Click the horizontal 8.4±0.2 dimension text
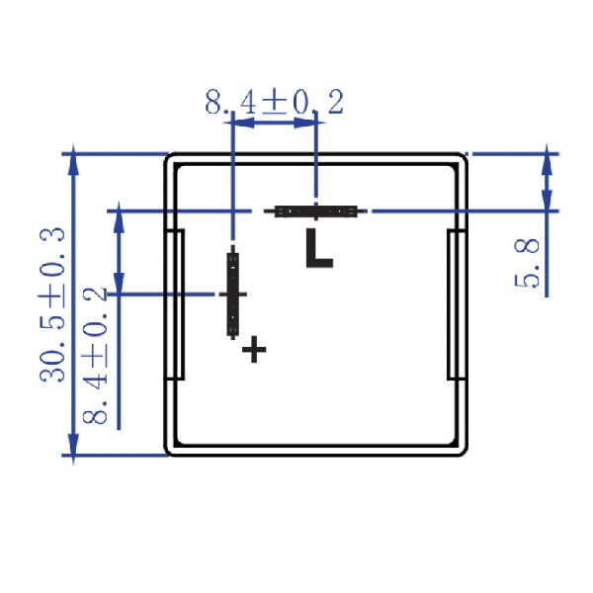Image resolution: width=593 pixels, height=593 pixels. [x=275, y=102]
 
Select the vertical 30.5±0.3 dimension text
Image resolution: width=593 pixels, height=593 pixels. [x=52, y=304]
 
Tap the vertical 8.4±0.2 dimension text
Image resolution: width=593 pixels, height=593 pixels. [x=95, y=356]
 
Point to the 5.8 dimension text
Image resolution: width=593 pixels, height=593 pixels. [x=527, y=263]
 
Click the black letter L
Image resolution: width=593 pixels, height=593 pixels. [x=319, y=248]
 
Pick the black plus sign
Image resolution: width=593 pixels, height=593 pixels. [x=254, y=349]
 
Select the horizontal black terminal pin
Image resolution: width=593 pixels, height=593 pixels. [x=315, y=212]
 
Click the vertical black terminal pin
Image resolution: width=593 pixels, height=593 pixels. [x=233, y=293]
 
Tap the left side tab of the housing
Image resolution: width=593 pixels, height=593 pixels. [x=175, y=304]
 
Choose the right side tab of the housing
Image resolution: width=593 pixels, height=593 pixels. [x=457, y=304]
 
